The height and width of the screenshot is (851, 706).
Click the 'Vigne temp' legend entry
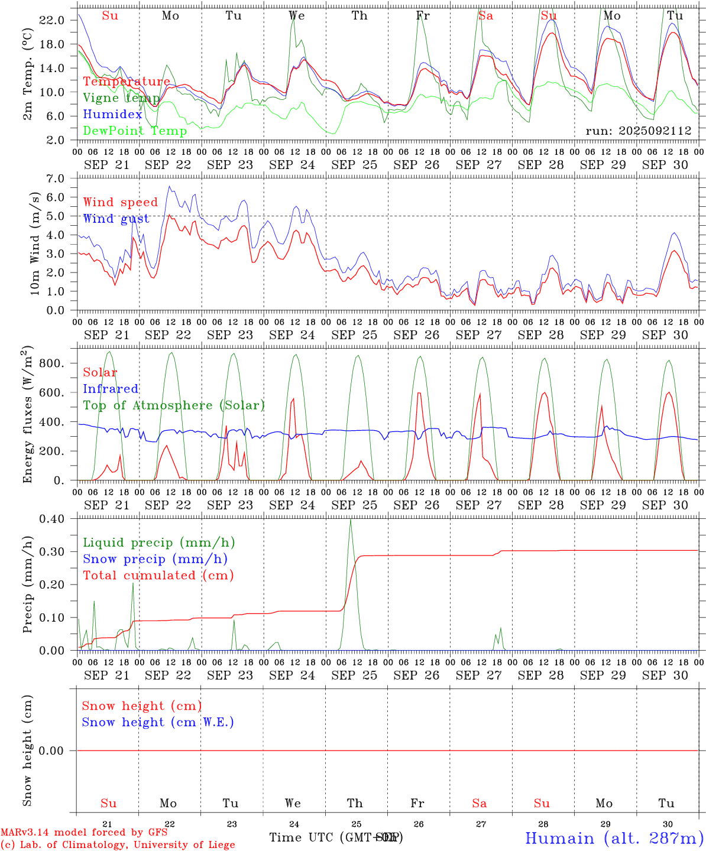[x=121, y=98]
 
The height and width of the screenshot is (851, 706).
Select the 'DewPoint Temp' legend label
[x=135, y=131]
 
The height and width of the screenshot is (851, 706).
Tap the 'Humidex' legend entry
[x=112, y=115]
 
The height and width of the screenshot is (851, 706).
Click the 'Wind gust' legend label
[x=116, y=219]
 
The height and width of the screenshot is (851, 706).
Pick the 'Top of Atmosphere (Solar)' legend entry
[x=174, y=405]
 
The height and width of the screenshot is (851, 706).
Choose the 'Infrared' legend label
[x=111, y=389]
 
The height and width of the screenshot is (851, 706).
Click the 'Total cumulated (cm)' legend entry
[x=158, y=576]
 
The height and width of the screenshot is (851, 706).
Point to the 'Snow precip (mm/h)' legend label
[x=155, y=559]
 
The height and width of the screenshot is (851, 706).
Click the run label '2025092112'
[x=639, y=131]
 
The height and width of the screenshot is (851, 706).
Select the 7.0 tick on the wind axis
[x=54, y=178]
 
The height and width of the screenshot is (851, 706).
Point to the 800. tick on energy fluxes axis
[x=51, y=363]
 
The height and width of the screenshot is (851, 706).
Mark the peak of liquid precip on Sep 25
[x=351, y=519]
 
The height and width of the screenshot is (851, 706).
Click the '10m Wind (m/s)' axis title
[x=35, y=245]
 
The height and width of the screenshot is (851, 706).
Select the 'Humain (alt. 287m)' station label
[x=614, y=838]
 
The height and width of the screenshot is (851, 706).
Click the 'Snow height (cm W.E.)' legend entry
[x=158, y=722]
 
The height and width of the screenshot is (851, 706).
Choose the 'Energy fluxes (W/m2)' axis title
[x=28, y=415]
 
